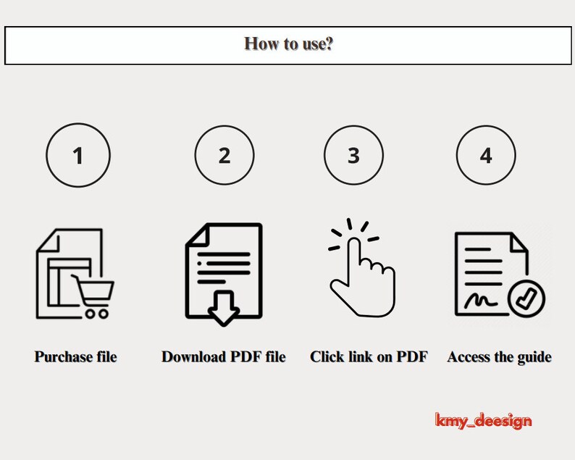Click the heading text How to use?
[289, 44]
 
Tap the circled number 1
[78, 155]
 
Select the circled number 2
[224, 155]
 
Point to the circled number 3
[353, 155]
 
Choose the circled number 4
[486, 155]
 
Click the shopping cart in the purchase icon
[93, 296]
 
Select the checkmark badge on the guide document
[526, 298]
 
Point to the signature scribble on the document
[481, 301]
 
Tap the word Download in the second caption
[193, 356]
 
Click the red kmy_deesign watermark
[483, 420]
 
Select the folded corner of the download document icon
[198, 234]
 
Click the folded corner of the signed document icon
[519, 242]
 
